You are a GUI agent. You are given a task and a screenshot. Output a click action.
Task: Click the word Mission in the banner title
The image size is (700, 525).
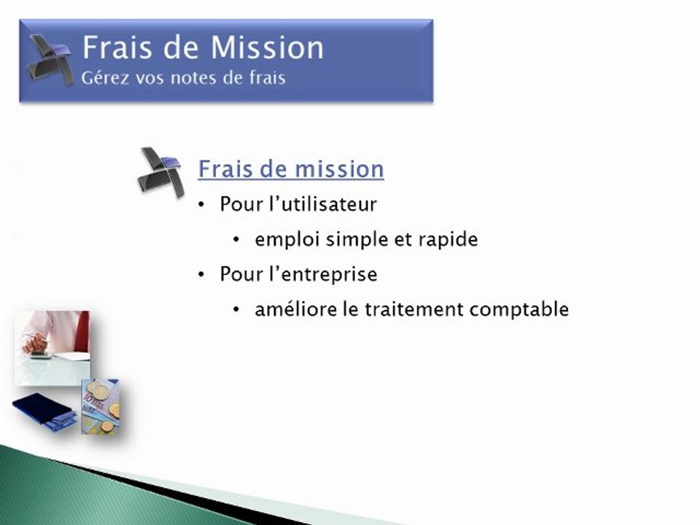(x=265, y=48)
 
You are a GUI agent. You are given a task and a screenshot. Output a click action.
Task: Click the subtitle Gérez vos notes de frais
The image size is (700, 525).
(x=183, y=77)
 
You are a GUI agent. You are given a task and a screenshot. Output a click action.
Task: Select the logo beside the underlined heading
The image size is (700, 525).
(x=160, y=172)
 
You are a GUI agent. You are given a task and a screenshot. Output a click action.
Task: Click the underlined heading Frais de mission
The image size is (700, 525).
(x=291, y=169)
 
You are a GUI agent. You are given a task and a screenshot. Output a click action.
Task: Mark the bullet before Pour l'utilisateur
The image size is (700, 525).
(x=202, y=206)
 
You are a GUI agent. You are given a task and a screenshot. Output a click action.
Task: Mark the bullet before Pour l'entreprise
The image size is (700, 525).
(x=202, y=276)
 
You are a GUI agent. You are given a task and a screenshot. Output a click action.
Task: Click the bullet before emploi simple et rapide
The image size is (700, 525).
(x=236, y=241)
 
